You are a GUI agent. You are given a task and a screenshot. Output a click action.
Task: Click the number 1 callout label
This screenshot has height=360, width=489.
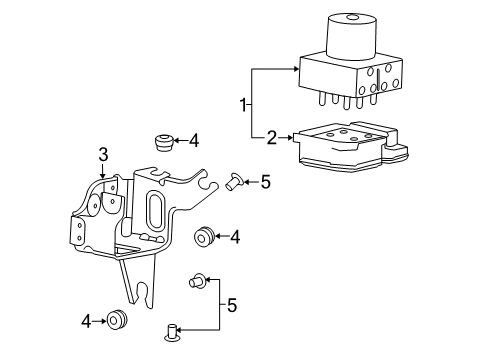241,103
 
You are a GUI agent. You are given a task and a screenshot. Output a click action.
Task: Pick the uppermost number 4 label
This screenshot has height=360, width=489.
195,141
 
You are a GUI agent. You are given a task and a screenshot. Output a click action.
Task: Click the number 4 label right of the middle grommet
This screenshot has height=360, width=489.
235,237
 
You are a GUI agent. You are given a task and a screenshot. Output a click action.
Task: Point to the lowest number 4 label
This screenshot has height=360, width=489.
87,321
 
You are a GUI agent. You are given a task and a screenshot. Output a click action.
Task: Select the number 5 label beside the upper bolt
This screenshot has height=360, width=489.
265,182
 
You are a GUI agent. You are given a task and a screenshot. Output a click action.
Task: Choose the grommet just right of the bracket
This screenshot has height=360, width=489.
204,236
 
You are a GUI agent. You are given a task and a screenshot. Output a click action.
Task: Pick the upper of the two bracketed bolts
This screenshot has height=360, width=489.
197,283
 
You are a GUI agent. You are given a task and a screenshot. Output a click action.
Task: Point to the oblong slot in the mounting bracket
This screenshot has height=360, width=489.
156,214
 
